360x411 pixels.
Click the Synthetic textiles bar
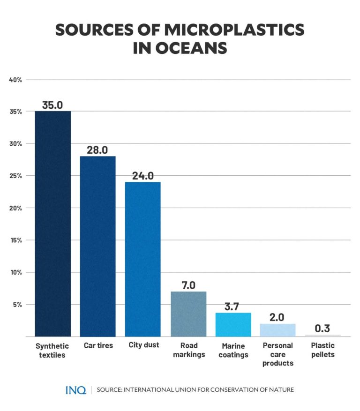pyautogui.click(x=53, y=224)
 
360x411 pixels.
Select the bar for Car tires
pyautogui.click(x=97, y=246)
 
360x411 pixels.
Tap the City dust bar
pyautogui.click(x=142, y=259)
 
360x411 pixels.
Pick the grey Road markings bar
pyautogui.click(x=188, y=314)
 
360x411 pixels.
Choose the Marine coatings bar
pyautogui.click(x=233, y=324)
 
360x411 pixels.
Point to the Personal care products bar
pyautogui.click(x=277, y=330)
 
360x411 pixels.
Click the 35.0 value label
pyautogui.click(x=52, y=105)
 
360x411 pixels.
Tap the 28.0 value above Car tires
pyautogui.click(x=97, y=150)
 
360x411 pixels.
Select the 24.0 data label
pyautogui.click(x=142, y=176)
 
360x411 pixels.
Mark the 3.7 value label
pyautogui.click(x=233, y=307)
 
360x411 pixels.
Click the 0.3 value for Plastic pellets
pyautogui.click(x=322, y=329)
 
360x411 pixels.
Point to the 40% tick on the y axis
pyautogui.click(x=15, y=80)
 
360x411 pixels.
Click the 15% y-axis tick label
pyautogui.click(x=15, y=240)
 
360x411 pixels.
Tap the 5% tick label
pyautogui.click(x=17, y=304)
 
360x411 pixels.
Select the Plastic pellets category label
pyautogui.click(x=322, y=350)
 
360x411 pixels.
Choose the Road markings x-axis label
pyautogui.click(x=188, y=350)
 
